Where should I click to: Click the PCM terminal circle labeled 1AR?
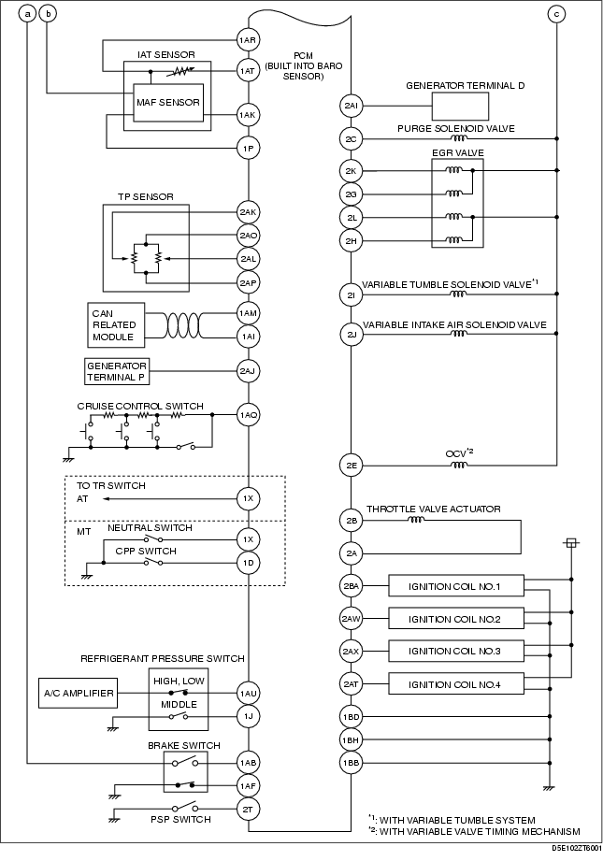(x=249, y=40)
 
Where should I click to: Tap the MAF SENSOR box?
(x=168, y=103)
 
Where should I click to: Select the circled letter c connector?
(x=556, y=14)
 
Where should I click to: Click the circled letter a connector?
(x=27, y=14)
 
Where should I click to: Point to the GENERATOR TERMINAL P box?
(x=117, y=371)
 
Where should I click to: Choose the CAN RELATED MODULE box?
(x=117, y=325)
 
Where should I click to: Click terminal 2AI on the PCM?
(x=351, y=106)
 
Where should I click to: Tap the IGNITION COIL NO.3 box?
(x=456, y=652)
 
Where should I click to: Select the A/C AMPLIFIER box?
(x=79, y=693)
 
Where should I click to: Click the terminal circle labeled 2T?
(x=249, y=809)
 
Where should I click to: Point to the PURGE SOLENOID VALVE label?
(x=456, y=128)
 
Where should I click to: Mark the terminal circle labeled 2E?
(x=351, y=466)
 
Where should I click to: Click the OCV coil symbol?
(x=459, y=466)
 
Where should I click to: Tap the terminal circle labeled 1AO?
(x=249, y=414)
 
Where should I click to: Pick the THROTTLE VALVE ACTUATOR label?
(x=434, y=509)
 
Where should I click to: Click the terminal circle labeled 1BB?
(x=351, y=763)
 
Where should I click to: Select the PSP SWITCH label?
(x=180, y=819)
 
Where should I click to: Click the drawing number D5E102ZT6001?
(x=576, y=847)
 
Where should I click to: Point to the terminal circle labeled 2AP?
(x=249, y=282)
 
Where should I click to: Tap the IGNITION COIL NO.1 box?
(x=456, y=586)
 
